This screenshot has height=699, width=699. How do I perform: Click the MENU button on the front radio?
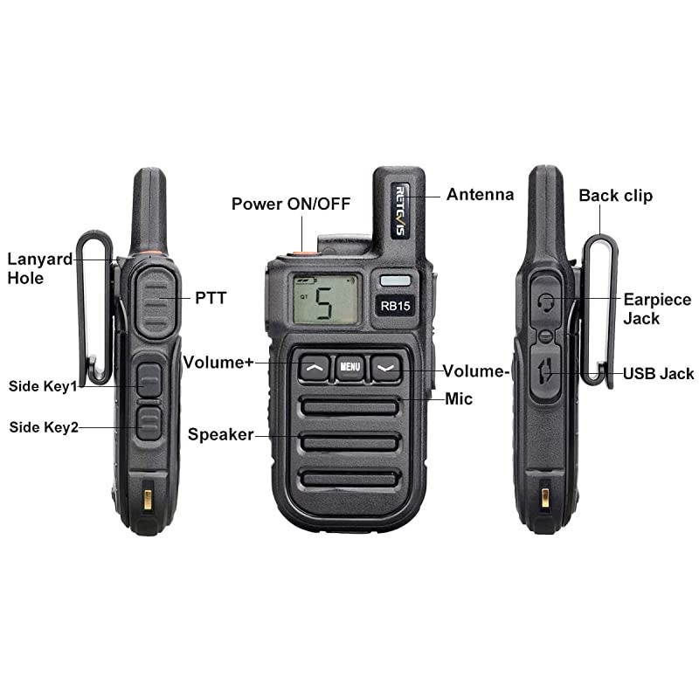coord(349,367)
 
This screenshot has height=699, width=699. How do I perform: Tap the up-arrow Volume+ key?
coord(315,368)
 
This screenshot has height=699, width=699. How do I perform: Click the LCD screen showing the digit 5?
coord(325,300)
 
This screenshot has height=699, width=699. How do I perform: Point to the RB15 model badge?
coord(393,305)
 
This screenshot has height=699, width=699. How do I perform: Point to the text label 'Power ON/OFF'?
coord(290,204)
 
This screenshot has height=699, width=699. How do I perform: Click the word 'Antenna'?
coord(480,194)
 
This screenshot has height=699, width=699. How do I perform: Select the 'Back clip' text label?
coord(615,195)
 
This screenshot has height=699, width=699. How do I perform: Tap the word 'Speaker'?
coord(220,434)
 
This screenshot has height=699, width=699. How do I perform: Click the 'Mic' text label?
coord(459,398)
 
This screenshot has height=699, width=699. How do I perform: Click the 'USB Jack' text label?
coord(658,374)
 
